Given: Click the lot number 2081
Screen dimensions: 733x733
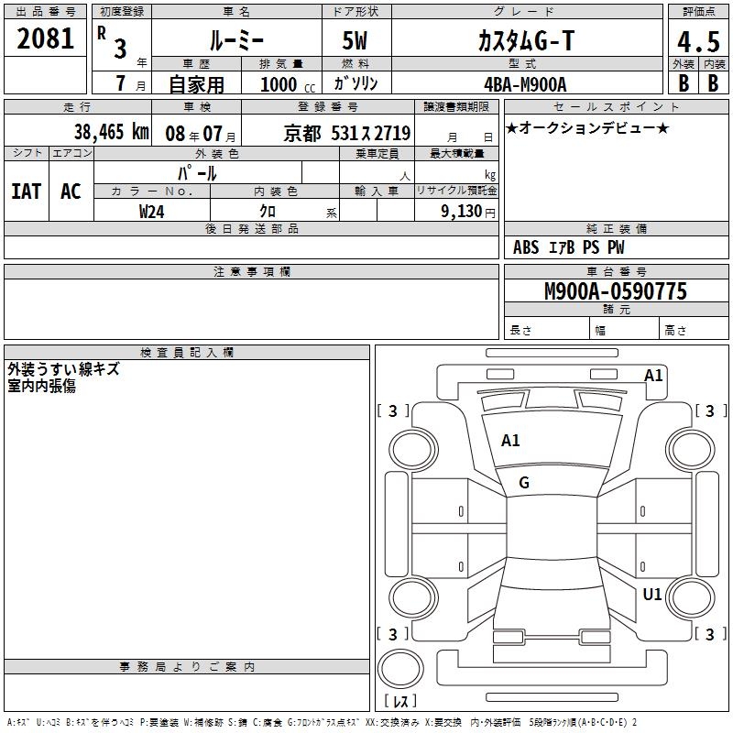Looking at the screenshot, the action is (x=45, y=38).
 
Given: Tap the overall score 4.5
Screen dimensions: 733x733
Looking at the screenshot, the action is (x=698, y=41).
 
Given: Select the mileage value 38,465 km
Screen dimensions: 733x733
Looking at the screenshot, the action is (x=112, y=132).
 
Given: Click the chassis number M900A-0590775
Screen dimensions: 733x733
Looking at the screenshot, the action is (x=616, y=290).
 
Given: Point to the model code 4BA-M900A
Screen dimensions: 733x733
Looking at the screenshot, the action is (x=525, y=84).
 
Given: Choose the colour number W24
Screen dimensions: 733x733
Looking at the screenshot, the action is (x=151, y=212).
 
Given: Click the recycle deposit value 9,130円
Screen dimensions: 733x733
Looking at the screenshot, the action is (x=468, y=212).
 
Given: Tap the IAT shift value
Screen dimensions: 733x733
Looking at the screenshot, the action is (x=27, y=191).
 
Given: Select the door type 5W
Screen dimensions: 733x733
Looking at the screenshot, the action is (x=355, y=40).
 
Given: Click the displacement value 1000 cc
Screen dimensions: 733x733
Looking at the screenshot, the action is (x=288, y=84).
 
